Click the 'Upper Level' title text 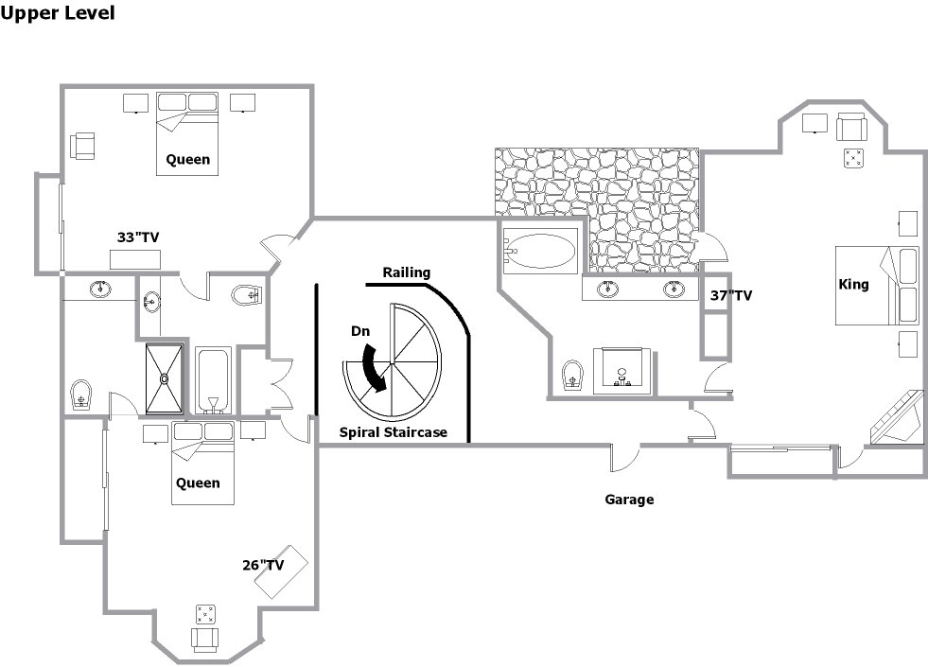pyautogui.click(x=58, y=13)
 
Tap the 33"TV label pyautogui.click(x=138, y=237)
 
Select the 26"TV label pyautogui.click(x=263, y=565)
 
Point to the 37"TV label pyautogui.click(x=731, y=295)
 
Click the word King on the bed pyautogui.click(x=853, y=285)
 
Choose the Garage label pyautogui.click(x=629, y=500)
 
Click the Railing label pyautogui.click(x=406, y=272)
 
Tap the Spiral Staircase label pyautogui.click(x=393, y=432)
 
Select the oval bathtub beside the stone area pyautogui.click(x=540, y=251)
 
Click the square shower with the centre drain pyautogui.click(x=164, y=377)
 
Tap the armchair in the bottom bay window pyautogui.click(x=205, y=640)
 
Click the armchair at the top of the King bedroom pyautogui.click(x=851, y=126)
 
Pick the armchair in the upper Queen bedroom pyautogui.click(x=82, y=147)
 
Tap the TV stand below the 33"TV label pyautogui.click(x=135, y=259)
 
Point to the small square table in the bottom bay pyautogui.click(x=205, y=614)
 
